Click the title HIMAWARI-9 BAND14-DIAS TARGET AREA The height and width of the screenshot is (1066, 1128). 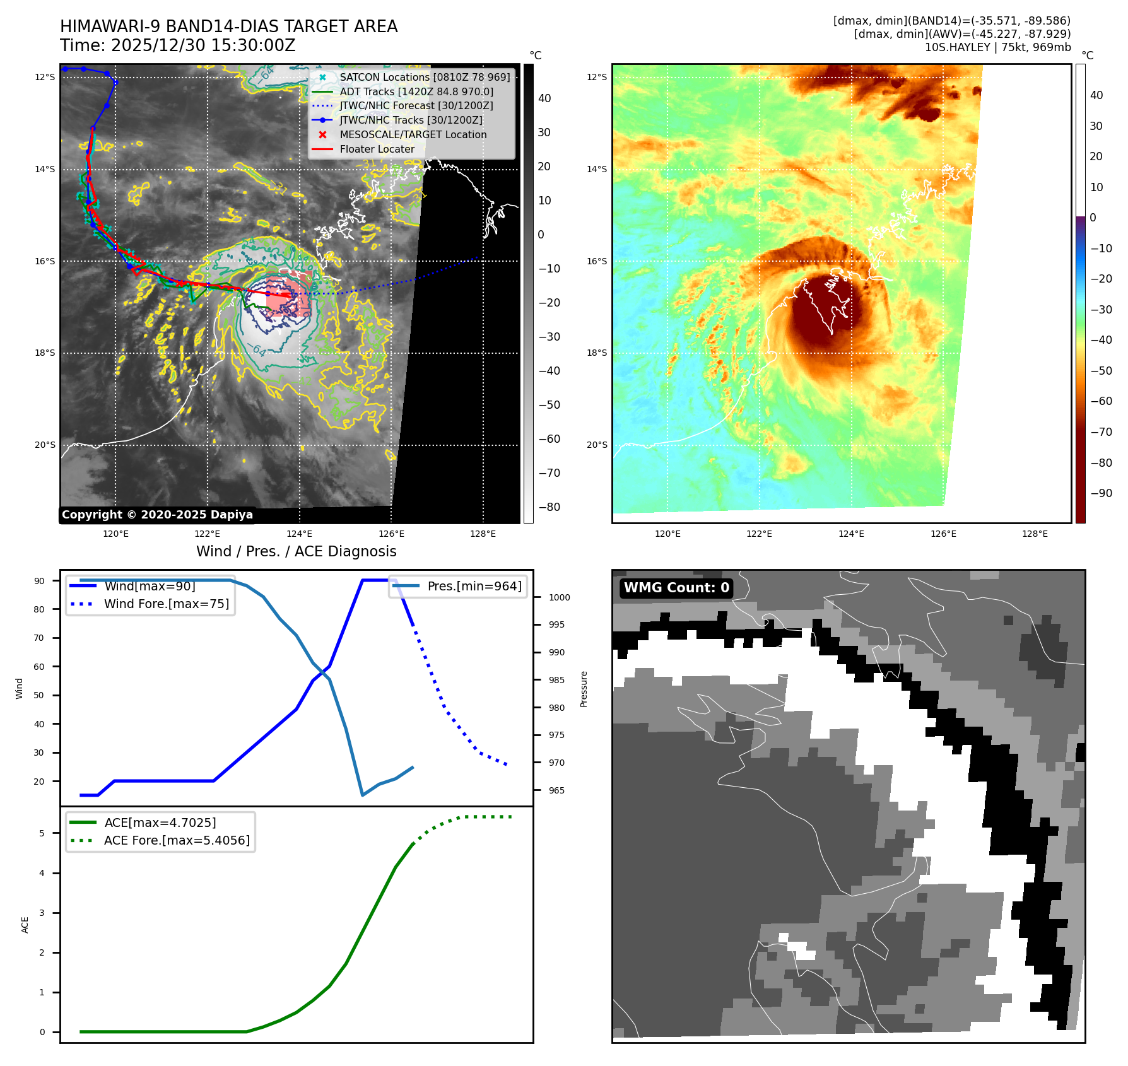228,26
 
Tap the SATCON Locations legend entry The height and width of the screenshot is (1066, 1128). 425,77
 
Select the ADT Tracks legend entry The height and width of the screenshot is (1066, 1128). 416,91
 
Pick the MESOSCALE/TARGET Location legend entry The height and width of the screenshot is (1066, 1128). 413,134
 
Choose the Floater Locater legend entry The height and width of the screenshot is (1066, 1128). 377,149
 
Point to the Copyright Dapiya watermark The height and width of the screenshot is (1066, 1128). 157,515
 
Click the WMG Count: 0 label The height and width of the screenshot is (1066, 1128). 676,588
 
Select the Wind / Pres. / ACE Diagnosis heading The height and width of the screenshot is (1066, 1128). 297,551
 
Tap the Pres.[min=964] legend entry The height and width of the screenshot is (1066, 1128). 474,586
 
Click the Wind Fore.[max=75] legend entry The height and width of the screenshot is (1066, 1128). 167,604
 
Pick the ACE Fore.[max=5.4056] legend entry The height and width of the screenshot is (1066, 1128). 177,840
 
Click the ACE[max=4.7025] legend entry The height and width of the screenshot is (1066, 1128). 160,823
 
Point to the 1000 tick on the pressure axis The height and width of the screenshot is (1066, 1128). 559,597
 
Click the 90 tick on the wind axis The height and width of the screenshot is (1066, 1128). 39,581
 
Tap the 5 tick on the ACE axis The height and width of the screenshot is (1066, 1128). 42,833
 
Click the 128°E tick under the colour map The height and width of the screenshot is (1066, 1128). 1035,534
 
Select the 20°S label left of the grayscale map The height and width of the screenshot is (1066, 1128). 45,445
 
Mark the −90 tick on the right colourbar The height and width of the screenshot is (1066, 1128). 1102,493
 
